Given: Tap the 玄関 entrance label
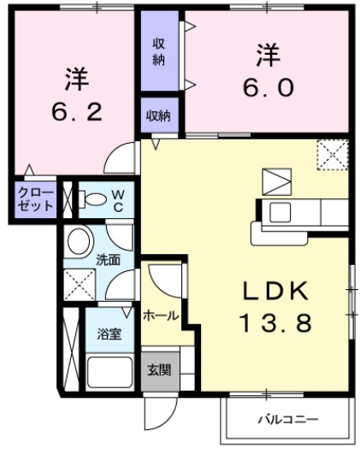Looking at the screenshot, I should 158,370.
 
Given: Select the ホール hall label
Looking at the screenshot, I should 160,316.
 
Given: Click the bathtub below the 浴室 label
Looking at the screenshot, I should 108,372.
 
